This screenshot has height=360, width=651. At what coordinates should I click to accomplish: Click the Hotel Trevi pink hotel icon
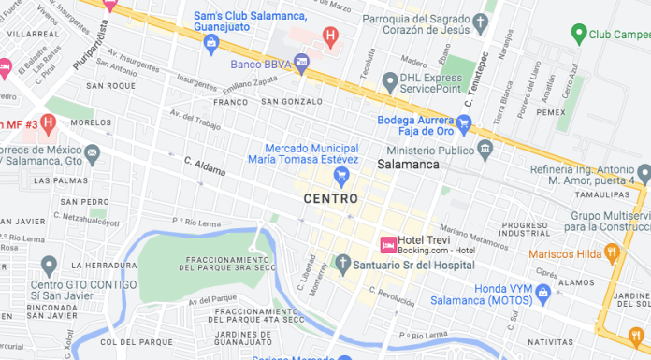click(386, 244)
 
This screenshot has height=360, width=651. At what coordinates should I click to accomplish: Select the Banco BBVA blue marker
click(301, 64)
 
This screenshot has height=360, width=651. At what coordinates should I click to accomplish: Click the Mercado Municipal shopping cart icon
click(342, 174)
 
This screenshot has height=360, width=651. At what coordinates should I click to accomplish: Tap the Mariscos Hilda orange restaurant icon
click(612, 252)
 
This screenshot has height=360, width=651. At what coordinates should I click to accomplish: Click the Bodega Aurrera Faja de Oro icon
click(463, 122)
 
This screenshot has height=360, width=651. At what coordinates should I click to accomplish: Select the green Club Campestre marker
click(580, 36)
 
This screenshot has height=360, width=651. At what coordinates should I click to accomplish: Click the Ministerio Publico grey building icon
click(485, 150)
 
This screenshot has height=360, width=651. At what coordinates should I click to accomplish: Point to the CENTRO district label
click(330, 199)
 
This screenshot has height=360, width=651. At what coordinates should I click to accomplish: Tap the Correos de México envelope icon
click(92, 152)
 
